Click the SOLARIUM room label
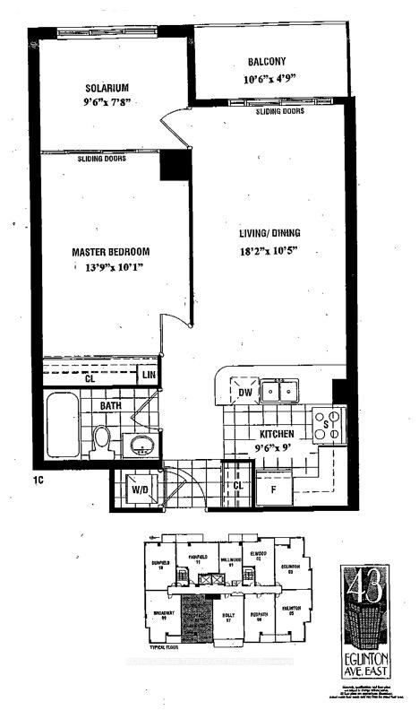(x=107, y=87)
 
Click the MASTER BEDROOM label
(x=110, y=251)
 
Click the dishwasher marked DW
(x=244, y=391)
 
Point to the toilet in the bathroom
(x=102, y=440)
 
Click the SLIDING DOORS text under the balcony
(x=280, y=112)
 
